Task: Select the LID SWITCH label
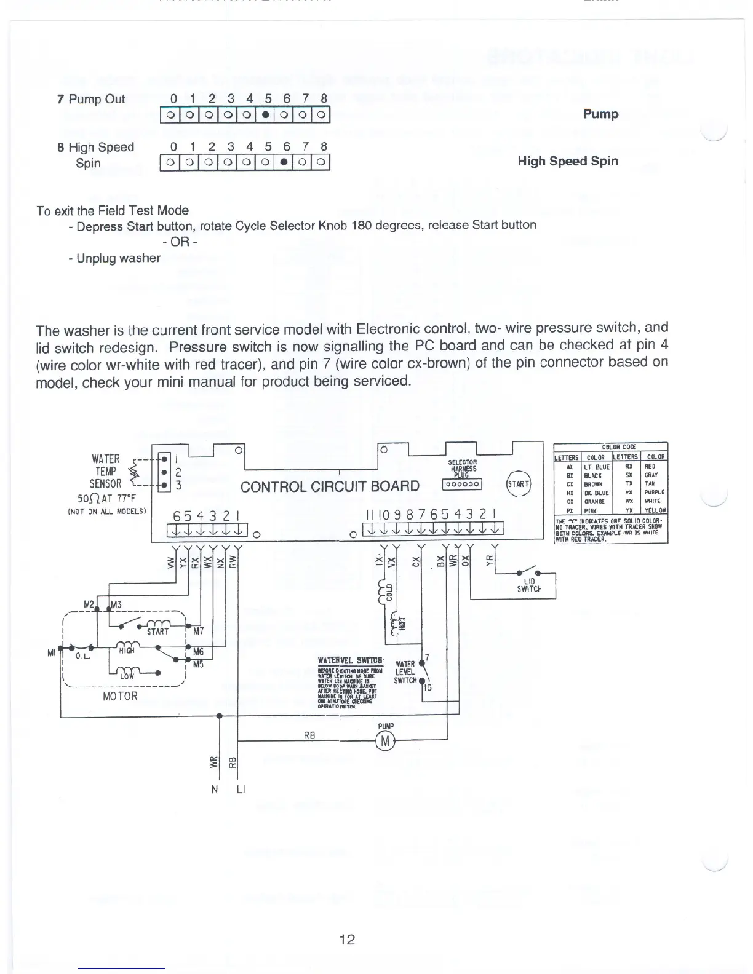pyautogui.click(x=529, y=585)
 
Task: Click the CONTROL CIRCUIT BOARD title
pyautogui.click(x=330, y=487)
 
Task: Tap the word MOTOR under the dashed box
pyautogui.click(x=120, y=696)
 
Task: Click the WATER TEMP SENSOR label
pyautogui.click(x=105, y=472)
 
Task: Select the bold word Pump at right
pyautogui.click(x=600, y=114)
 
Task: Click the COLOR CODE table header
pyautogui.click(x=610, y=447)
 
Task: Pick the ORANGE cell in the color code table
pyautogui.click(x=596, y=501)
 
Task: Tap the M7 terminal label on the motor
pyautogui.click(x=198, y=631)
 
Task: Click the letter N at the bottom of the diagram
pyautogui.click(x=215, y=790)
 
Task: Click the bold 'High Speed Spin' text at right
pyautogui.click(x=568, y=161)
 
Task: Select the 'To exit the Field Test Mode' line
pyautogui.click(x=113, y=210)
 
